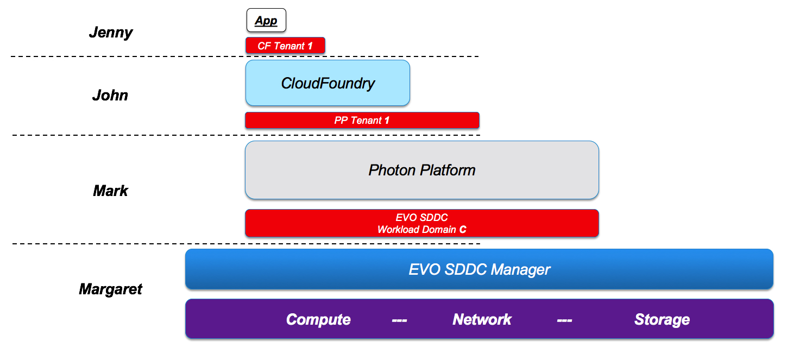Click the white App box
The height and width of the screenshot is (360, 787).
266,21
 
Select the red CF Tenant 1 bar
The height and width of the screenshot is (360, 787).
285,46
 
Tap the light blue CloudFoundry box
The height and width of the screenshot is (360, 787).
328,83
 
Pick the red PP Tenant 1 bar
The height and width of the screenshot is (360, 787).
362,121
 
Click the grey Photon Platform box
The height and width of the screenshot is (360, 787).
422,170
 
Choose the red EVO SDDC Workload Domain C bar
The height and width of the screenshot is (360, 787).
422,223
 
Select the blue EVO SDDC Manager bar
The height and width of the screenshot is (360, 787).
479,269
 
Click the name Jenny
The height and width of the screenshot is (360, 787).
111,33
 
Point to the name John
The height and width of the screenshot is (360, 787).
110,95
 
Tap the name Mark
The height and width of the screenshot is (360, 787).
110,191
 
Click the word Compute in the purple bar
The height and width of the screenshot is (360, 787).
318,320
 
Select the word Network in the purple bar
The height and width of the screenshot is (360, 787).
482,319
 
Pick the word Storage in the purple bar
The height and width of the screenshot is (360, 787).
662,320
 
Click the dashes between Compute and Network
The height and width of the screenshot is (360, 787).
399,320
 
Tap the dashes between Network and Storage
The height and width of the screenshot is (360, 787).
565,320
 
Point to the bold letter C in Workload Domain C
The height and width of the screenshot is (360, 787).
463,230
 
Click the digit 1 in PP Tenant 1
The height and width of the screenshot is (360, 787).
387,121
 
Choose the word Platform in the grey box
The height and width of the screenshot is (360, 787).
448,170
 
